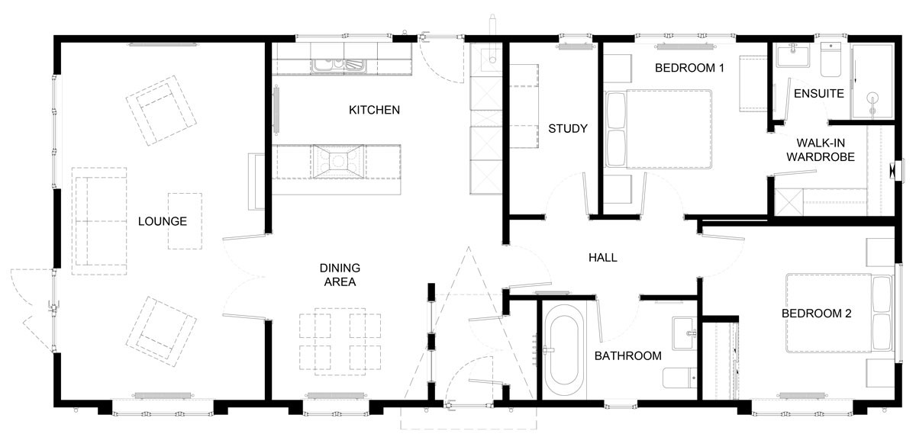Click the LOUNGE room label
[163, 221]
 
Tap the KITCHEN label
[374, 110]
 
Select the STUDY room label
[568, 129]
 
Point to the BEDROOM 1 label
[689, 68]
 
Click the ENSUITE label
[818, 94]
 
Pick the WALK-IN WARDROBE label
[821, 150]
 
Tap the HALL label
[603, 257]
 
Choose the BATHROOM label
[627, 356]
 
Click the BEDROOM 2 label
[816, 314]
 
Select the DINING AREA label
[340, 275]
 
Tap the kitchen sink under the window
[339, 66]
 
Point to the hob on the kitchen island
[337, 162]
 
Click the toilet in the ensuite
[831, 59]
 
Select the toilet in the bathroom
[679, 378]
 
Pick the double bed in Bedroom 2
[839, 313]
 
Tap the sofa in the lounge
[99, 221]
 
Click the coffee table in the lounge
[185, 221]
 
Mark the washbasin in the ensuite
[793, 56]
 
